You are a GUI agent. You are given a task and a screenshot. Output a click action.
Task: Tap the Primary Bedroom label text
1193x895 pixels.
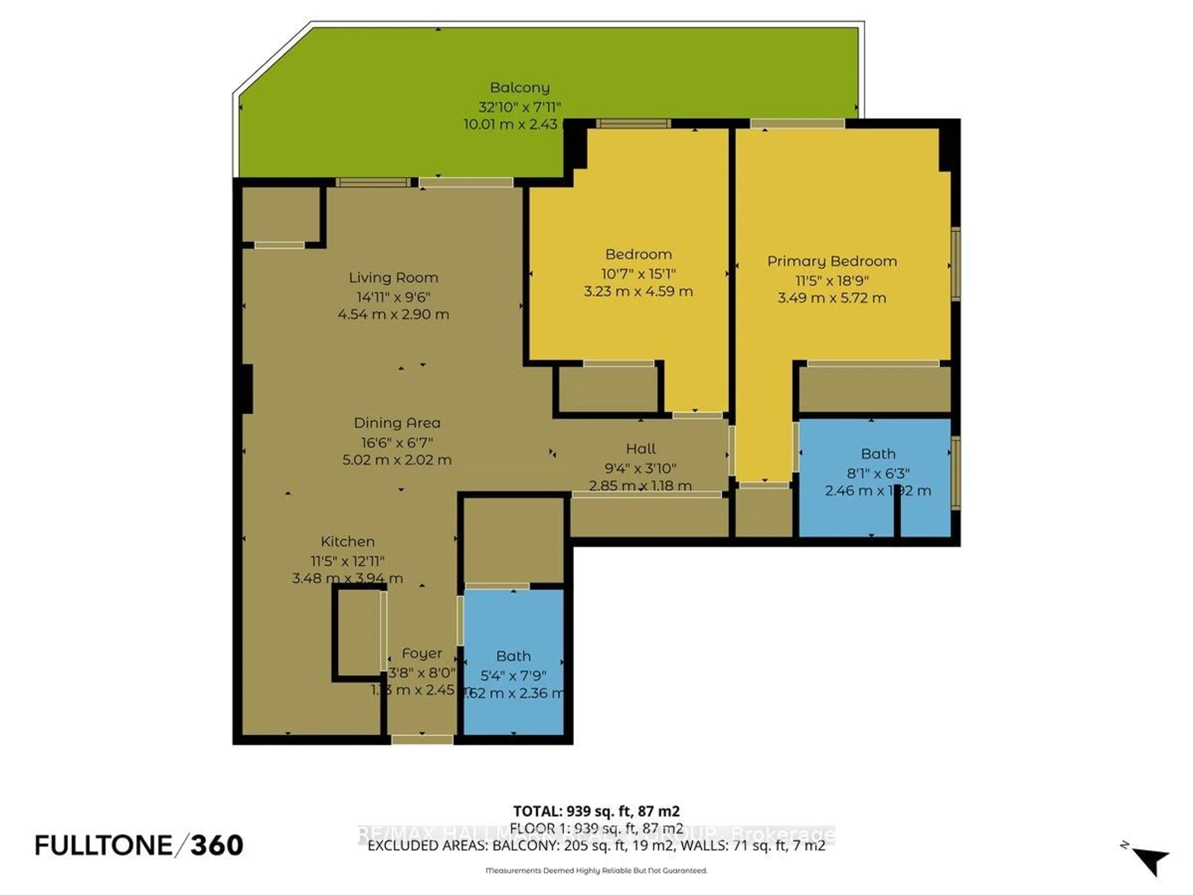pos(832,261)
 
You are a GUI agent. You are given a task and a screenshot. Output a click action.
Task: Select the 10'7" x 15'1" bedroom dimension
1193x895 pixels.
pos(638,273)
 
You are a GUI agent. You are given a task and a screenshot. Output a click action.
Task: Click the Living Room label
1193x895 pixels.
pos(393,278)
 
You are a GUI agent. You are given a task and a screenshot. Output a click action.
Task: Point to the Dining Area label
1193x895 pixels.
pos(397,423)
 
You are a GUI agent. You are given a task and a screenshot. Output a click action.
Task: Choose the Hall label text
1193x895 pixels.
pos(641,449)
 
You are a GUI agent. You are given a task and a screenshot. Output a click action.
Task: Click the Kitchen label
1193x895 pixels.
pos(347,542)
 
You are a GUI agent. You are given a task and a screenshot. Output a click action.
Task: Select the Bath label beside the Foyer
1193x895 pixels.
pos(513,657)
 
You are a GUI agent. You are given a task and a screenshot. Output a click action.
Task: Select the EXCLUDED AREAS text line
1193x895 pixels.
pos(596,845)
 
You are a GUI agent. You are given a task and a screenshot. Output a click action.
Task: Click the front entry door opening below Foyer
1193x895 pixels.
pos(422,740)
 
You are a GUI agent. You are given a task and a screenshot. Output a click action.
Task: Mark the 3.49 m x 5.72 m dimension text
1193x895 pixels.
pos(832,298)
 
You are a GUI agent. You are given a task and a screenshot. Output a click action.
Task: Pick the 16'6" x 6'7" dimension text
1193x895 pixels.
pos(397,443)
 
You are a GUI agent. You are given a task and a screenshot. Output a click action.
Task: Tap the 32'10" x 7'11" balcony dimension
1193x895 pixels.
pos(519,107)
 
